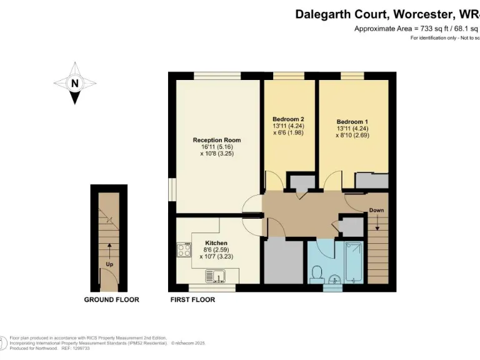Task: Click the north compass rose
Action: coord(75,83)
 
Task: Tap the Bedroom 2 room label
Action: coord(288,119)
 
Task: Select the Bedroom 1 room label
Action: coord(352,121)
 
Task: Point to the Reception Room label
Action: coord(216,140)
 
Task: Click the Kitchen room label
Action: coord(216,242)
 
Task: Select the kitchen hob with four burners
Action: coord(184,250)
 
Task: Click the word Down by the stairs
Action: coord(376,211)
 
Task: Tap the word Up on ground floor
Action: coord(109,264)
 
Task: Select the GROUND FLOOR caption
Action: coord(111,300)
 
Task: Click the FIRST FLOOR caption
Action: coord(192,300)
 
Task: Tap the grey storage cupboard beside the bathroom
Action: coord(284,262)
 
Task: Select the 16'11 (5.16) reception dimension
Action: coord(217,147)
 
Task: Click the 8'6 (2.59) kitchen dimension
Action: coord(216,249)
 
